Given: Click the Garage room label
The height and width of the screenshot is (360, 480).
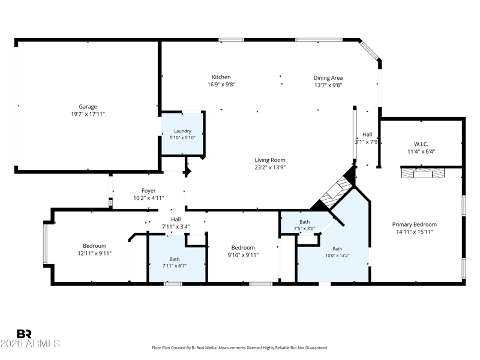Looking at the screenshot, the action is pos(88,107).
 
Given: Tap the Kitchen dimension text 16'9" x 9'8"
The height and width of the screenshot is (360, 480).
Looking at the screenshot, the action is pos(221,85).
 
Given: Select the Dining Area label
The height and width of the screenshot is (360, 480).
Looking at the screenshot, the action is pos(328,78).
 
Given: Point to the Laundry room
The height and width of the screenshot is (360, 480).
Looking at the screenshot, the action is pos(182,134).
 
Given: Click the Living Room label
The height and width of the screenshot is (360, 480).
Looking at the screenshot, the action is pos(270,160).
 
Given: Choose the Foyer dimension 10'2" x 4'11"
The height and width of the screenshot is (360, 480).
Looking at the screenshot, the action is pos(149,198).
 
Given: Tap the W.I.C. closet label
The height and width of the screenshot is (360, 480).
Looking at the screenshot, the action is pos(421,144).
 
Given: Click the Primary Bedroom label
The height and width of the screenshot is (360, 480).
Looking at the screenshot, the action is pos(415,224).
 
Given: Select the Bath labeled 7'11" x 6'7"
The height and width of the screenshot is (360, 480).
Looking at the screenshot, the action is pos(175,262).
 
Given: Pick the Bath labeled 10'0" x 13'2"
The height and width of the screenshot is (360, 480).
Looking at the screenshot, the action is pos(337,252).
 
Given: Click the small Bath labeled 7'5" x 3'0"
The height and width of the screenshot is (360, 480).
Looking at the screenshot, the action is pos(305,225).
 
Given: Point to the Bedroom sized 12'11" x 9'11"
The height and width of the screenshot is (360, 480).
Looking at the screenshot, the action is pos(95,250).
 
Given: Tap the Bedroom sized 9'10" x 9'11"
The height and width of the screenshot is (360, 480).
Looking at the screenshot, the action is pos(243,251).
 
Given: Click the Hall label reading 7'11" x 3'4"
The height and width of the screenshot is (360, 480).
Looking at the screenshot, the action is pos(176,223).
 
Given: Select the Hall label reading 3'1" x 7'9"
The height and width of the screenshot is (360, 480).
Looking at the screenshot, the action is pos(367,138).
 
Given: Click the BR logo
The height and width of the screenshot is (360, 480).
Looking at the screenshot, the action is pos(24,334).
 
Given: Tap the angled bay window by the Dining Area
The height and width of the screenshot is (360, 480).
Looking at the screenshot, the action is pos(369,50).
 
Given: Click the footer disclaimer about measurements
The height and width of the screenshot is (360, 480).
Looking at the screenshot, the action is pos(240,348).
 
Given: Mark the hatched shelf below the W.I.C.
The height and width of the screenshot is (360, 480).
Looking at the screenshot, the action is pos(423,173).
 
